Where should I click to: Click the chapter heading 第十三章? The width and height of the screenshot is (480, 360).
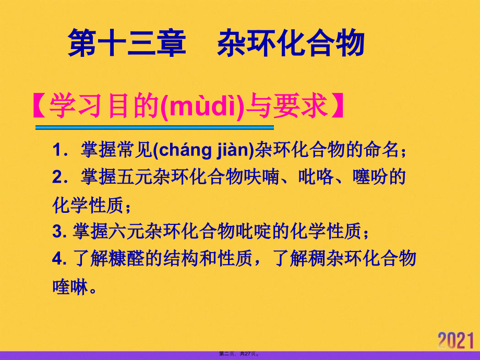point(127,42)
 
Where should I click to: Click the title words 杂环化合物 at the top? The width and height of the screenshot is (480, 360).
point(290,42)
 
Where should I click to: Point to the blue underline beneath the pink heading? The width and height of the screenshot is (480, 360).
point(154,127)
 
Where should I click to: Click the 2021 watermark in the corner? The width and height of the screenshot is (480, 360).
point(458,340)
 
